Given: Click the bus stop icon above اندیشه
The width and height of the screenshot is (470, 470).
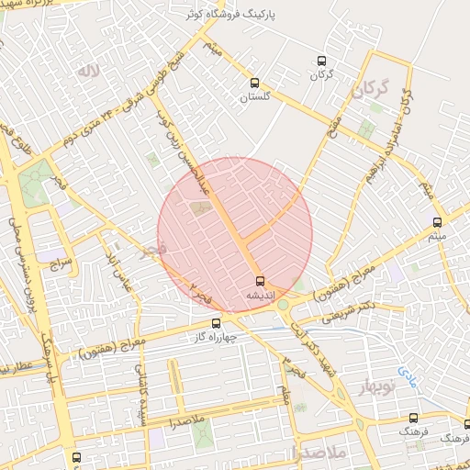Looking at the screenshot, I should coord(259,281).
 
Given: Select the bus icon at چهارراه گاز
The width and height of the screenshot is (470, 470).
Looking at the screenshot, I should coord(217,322).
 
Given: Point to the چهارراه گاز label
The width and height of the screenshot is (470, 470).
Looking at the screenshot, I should coord(217,336).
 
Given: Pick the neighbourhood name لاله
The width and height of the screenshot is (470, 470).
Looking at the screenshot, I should coord(88,72).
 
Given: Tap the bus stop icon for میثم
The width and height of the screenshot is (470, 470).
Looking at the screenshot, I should coord(437,222).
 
